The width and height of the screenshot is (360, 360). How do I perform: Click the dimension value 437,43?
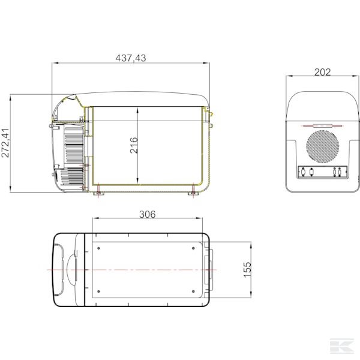pos(130,58)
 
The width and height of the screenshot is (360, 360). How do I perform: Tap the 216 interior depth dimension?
pos(134,145)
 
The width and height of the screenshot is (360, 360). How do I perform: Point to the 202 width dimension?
pos(322,72)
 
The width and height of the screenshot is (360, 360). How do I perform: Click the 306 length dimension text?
pos(148,215)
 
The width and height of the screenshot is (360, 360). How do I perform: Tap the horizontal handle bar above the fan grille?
pos(322,126)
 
